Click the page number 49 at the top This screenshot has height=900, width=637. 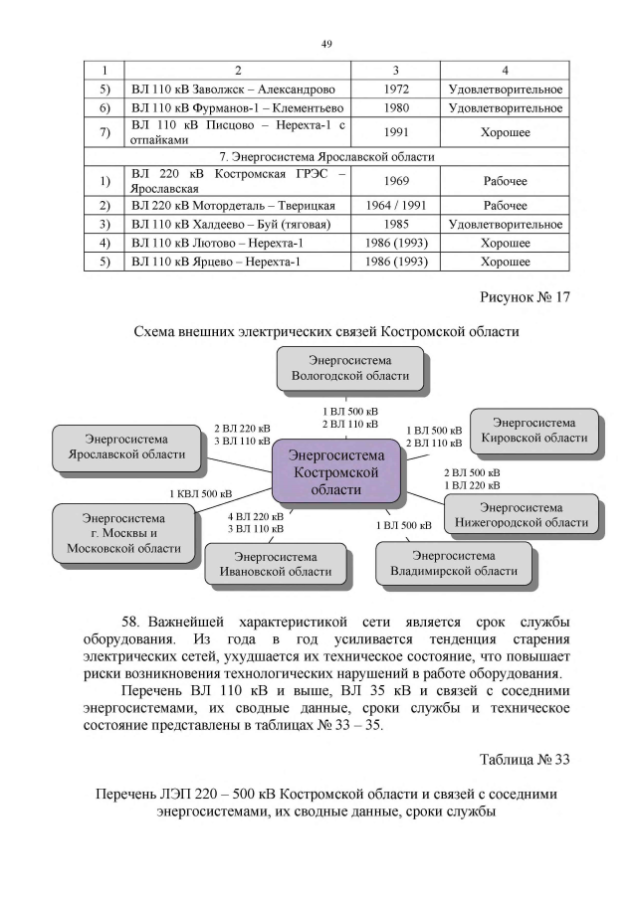[x=325, y=44]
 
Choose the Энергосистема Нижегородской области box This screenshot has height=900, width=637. [x=522, y=514]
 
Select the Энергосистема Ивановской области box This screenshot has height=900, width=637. [x=276, y=564]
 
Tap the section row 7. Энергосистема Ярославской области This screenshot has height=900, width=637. [x=326, y=156]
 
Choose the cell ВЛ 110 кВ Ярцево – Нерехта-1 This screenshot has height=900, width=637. [x=216, y=262]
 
